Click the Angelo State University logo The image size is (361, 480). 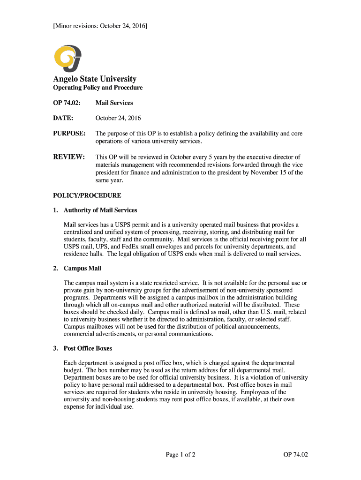[68, 58]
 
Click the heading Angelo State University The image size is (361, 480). [95, 79]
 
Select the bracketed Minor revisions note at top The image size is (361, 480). [100, 25]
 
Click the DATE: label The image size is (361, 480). [63, 118]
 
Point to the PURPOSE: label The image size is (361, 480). [69, 134]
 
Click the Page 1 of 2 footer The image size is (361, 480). [180, 454]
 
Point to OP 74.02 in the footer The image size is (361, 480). [295, 454]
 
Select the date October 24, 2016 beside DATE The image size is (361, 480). [118, 118]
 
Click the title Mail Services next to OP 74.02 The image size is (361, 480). [114, 103]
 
